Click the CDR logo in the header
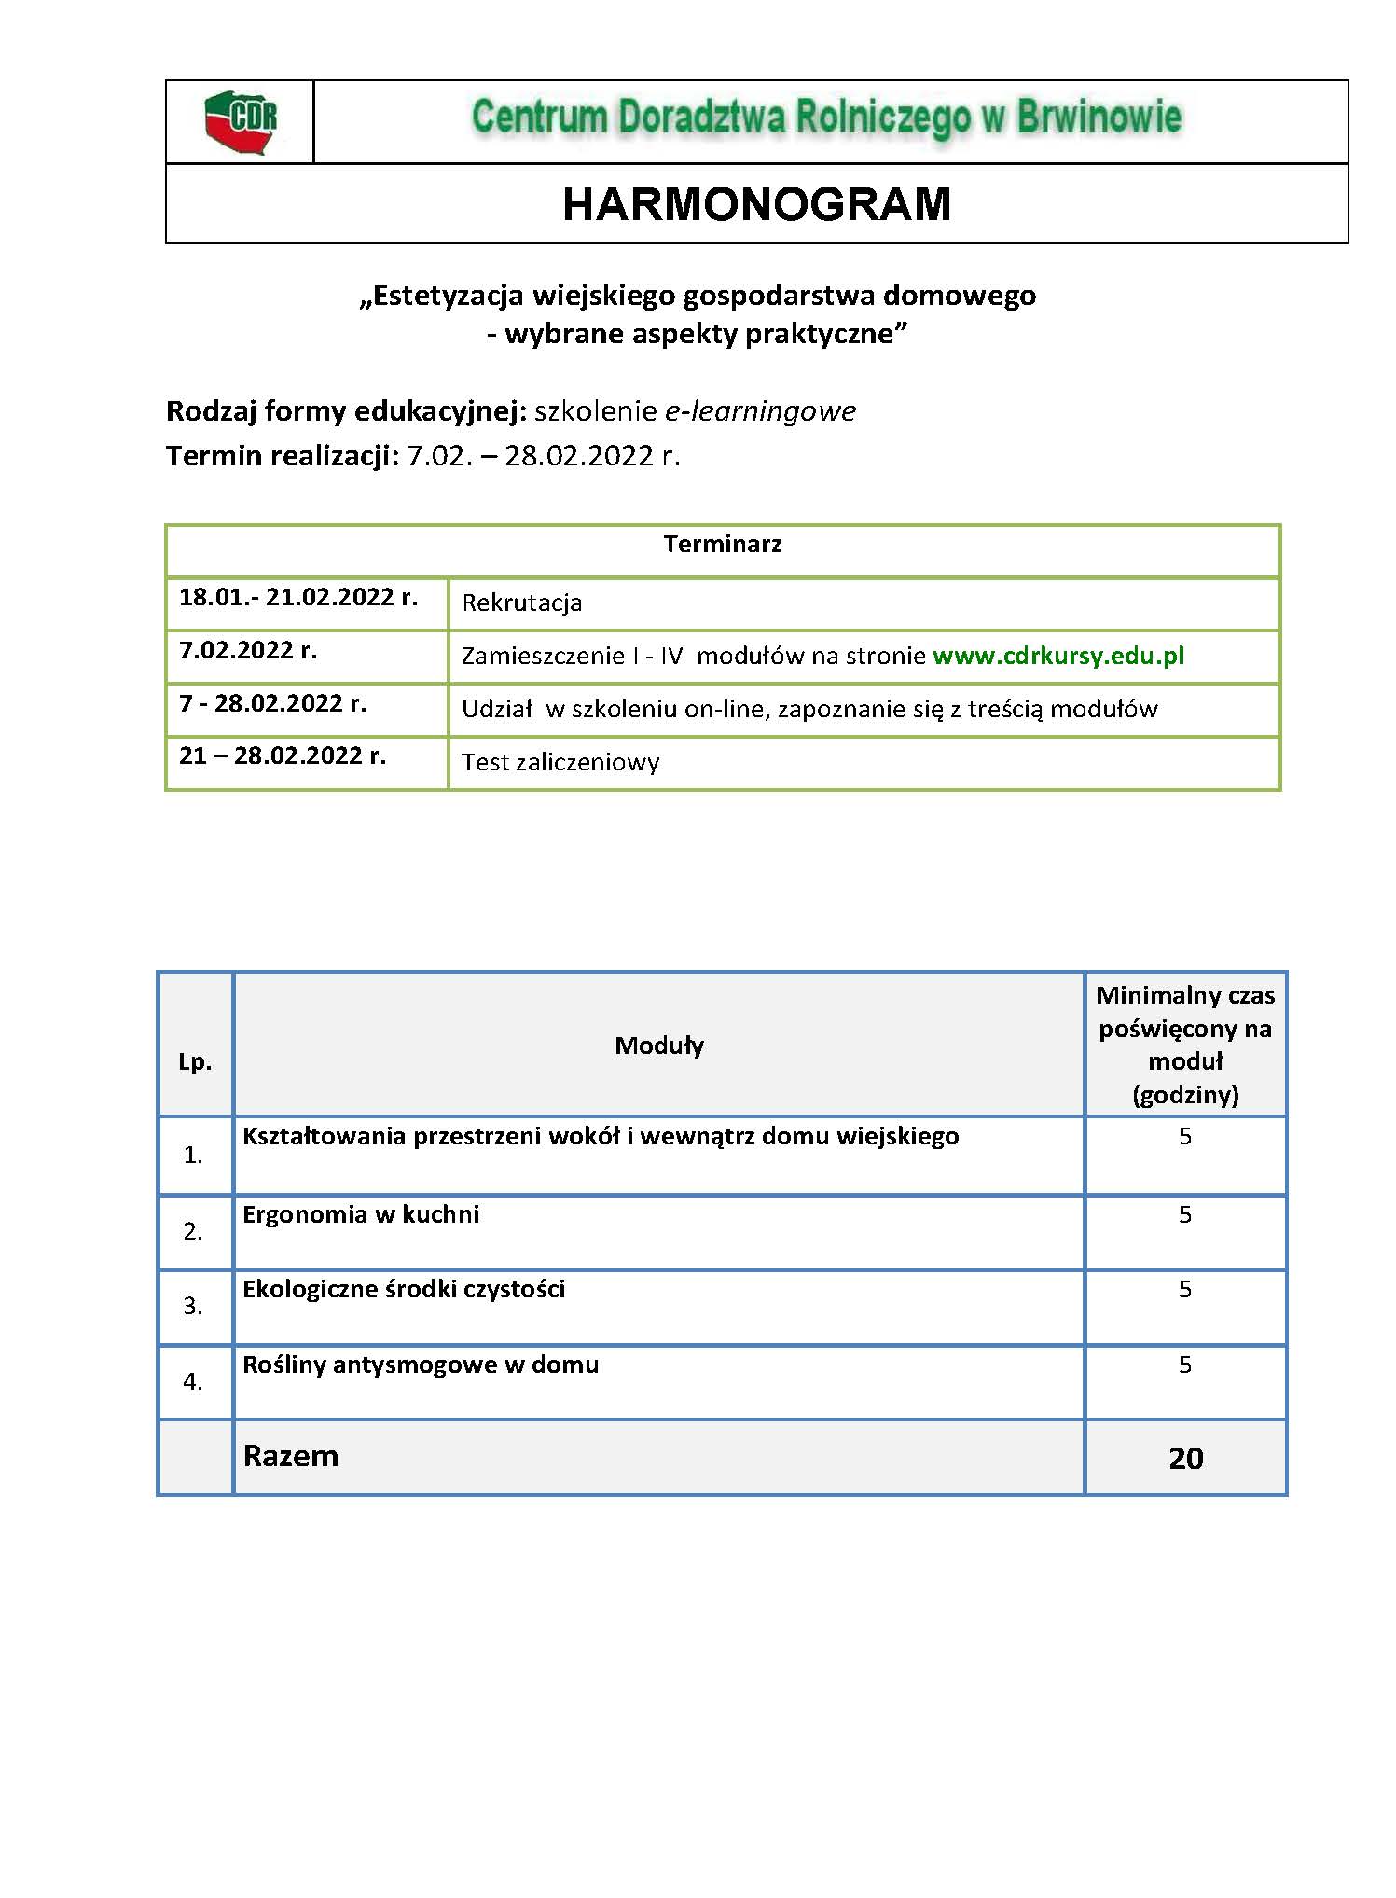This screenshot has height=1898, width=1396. tap(241, 121)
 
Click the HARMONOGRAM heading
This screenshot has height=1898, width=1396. tap(756, 204)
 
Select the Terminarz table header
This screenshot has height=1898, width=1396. tap(723, 545)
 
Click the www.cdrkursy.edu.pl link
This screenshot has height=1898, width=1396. tap(1058, 656)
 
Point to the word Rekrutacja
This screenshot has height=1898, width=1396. tap(522, 603)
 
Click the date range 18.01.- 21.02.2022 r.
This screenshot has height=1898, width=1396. tap(298, 597)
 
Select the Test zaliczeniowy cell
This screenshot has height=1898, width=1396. tap(560, 762)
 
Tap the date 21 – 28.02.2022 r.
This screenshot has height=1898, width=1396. tap(283, 755)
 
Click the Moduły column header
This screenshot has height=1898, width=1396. tap(659, 1046)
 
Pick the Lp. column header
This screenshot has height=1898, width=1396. tap(195, 1062)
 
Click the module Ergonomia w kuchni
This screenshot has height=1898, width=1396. tap(361, 1214)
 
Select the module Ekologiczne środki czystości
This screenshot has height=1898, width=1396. tap(404, 1289)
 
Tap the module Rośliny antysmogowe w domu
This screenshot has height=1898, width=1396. tap(421, 1365)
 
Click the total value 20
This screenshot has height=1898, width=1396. tap(1185, 1459)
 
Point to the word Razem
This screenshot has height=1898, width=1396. tap(291, 1457)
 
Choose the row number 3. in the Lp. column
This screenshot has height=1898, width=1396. tap(193, 1307)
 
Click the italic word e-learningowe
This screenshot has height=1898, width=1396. tap(760, 411)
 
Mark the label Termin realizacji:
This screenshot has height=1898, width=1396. tap(283, 456)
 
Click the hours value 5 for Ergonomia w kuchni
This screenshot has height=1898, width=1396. tap(1185, 1214)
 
